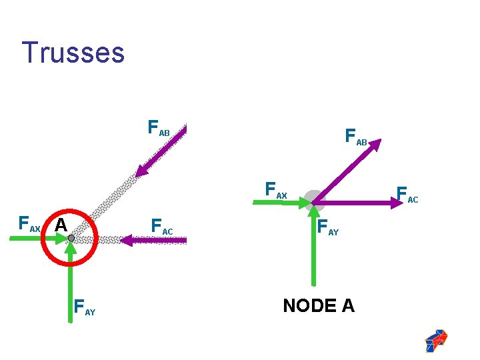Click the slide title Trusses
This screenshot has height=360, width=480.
click(x=73, y=52)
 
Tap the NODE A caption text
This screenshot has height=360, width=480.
click(x=319, y=306)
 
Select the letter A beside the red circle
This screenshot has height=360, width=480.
click(x=61, y=225)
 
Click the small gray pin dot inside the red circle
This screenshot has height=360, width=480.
click(x=71, y=238)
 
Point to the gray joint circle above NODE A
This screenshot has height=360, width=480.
click(x=313, y=199)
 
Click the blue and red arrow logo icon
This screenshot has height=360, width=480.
click(x=436, y=340)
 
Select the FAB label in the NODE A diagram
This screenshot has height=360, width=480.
click(x=356, y=137)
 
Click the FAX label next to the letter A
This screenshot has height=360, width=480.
click(x=29, y=223)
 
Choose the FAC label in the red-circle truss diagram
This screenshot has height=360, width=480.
click(x=162, y=226)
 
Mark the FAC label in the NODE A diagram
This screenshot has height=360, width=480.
click(x=407, y=195)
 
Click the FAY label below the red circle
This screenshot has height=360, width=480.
click(x=85, y=307)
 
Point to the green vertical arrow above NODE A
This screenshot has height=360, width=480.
click(x=313, y=247)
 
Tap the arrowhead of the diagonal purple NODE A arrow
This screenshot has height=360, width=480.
click(x=376, y=143)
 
